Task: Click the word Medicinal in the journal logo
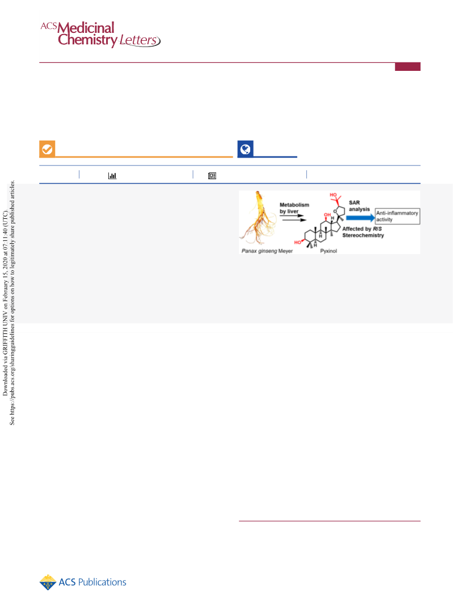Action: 86,28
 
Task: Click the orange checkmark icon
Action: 47,149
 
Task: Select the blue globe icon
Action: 246,149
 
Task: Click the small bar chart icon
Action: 112,176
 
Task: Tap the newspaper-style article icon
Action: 212,176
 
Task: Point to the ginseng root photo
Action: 258,218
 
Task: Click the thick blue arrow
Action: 360,218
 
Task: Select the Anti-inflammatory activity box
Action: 397,216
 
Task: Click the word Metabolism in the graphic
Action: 294,205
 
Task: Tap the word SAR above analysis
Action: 355,202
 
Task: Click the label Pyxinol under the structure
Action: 329,251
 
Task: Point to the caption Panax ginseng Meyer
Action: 267,251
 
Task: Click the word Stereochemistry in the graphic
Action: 363,235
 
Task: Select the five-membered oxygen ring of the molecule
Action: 339,211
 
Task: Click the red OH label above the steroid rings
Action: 327,214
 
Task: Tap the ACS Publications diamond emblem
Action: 48,582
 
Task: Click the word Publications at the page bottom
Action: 102,582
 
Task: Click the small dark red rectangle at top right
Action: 408,67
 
